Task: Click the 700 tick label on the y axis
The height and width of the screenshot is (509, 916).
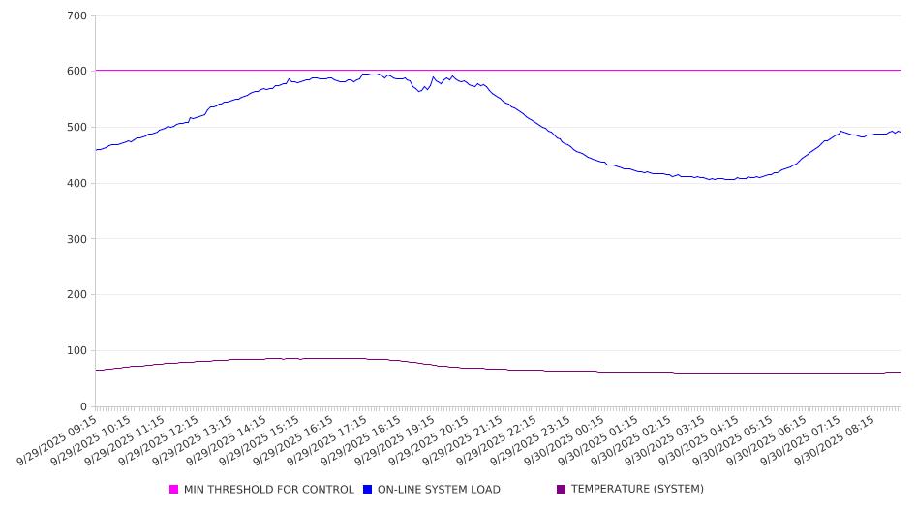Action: pos(77,16)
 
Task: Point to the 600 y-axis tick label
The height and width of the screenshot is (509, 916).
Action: pos(77,72)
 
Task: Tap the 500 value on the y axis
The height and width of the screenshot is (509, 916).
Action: pos(77,128)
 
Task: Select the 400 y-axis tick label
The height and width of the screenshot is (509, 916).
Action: pos(77,184)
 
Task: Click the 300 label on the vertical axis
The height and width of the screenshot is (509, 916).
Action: pos(77,239)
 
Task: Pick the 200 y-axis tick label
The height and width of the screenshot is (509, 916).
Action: pos(77,295)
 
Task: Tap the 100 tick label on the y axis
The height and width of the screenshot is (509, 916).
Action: pos(77,351)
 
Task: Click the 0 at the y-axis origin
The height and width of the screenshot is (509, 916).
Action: pos(83,407)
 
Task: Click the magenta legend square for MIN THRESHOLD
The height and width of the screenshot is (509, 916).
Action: pos(174,490)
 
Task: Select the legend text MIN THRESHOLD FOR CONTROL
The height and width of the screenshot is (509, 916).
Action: pos(268,490)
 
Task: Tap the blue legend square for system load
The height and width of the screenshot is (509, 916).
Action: pos(368,490)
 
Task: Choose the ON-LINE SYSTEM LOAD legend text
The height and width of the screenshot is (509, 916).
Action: pos(439,490)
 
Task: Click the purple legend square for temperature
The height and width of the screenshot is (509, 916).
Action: pos(562,490)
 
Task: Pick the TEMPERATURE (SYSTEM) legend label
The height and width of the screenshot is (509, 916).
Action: pos(637,490)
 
